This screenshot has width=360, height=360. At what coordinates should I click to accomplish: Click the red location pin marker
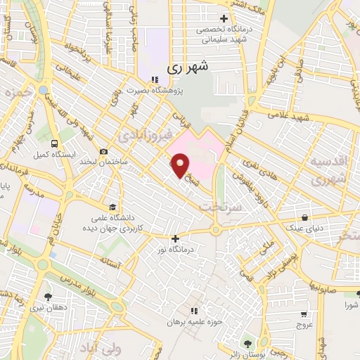coord(181,165)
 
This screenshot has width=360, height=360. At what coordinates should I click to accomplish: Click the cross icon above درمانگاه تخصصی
coord(224,18)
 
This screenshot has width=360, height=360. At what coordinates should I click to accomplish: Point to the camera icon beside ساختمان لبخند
coord(104,151)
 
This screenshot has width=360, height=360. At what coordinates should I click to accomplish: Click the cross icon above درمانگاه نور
coord(176,238)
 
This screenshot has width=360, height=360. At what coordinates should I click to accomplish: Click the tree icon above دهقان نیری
coord(48,297)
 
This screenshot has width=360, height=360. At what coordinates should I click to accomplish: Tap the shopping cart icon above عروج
coord(303,314)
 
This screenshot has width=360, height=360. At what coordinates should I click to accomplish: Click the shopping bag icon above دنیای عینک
coord(304,217)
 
